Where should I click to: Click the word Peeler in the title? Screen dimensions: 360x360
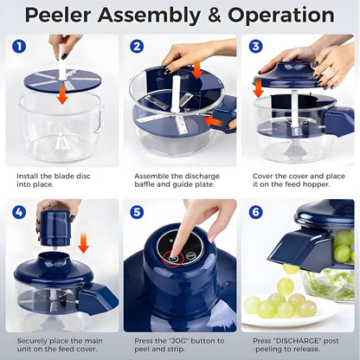[x=60, y=16]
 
